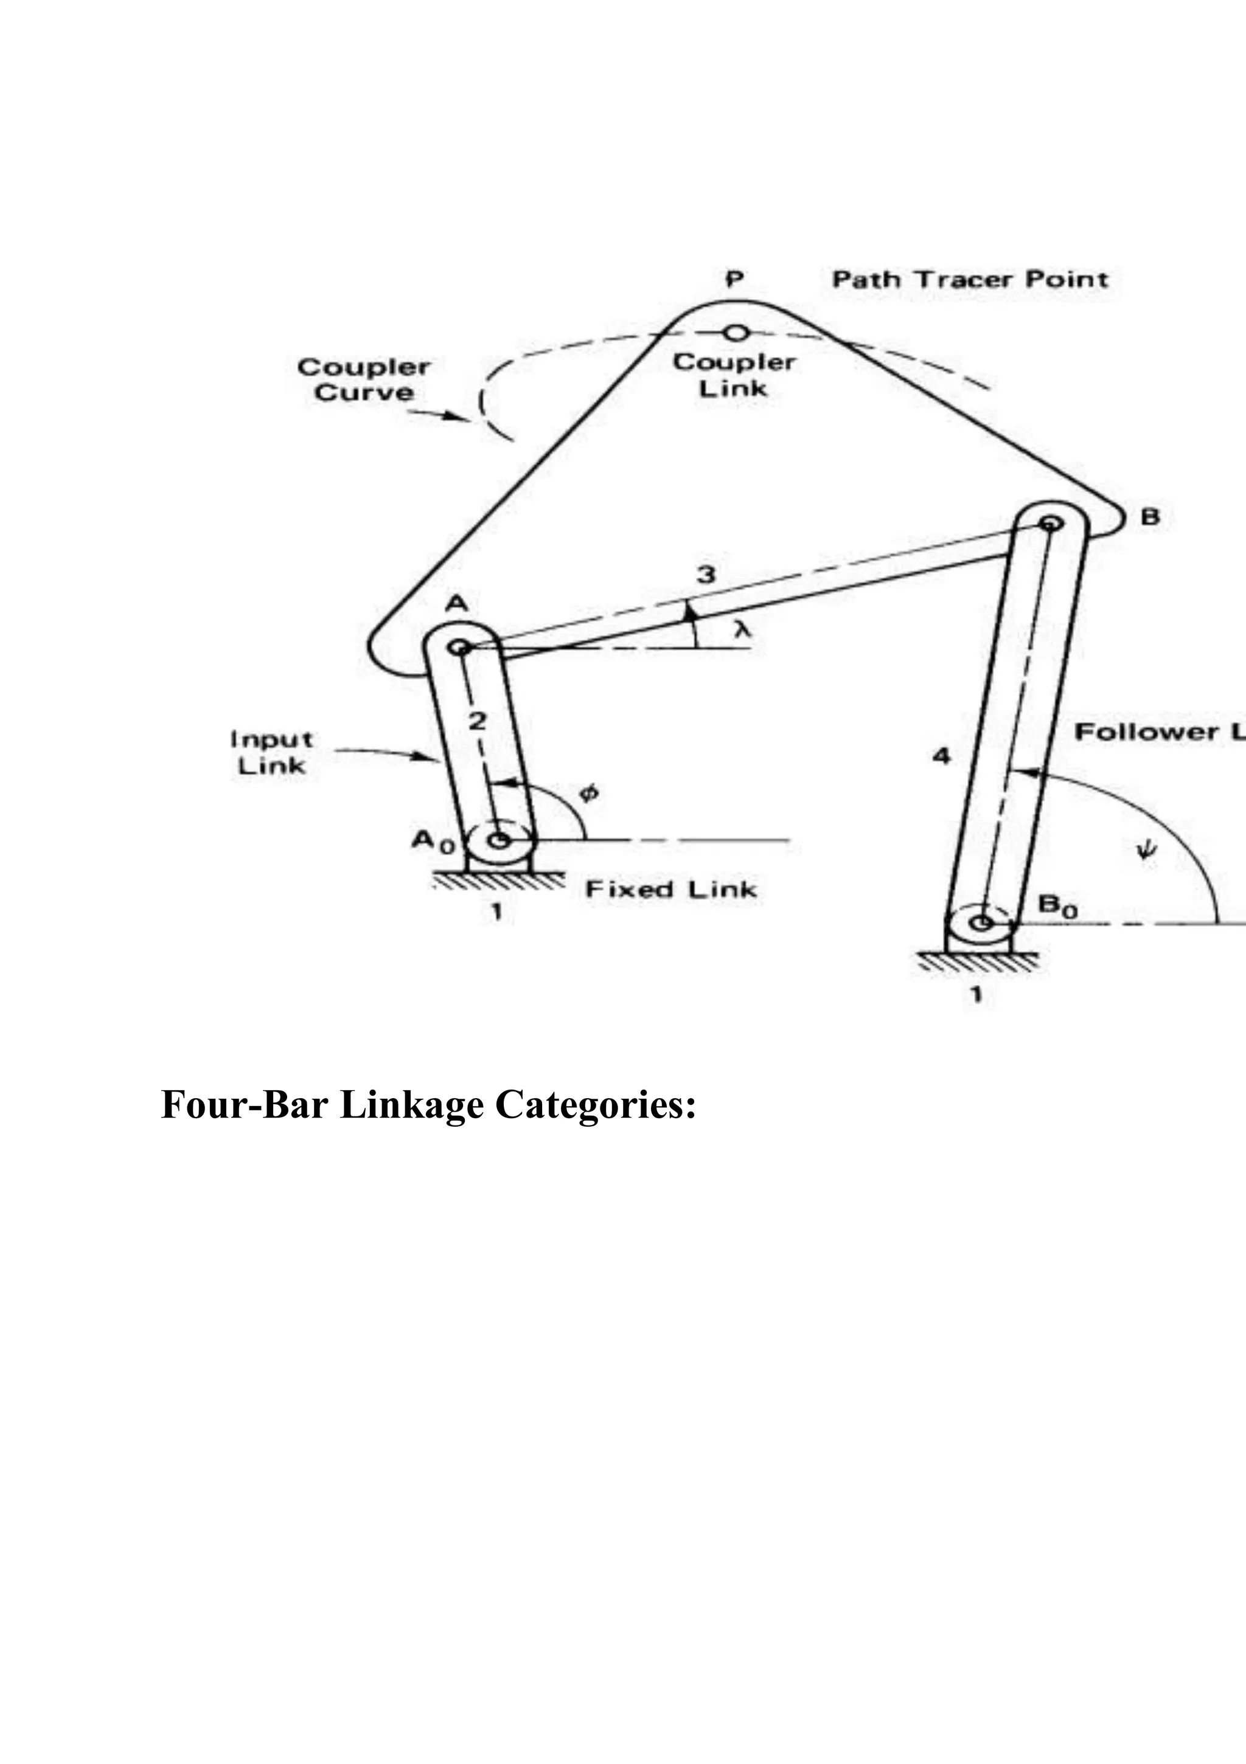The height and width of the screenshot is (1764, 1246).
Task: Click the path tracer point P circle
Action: pyautogui.click(x=736, y=333)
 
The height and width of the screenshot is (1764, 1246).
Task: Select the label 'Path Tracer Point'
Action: pyautogui.click(x=970, y=280)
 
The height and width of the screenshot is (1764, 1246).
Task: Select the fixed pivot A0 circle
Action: pyautogui.click(x=500, y=840)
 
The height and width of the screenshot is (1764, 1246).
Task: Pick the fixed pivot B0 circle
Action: pyautogui.click(x=980, y=922)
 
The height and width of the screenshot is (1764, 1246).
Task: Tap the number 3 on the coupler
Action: pyautogui.click(x=706, y=574)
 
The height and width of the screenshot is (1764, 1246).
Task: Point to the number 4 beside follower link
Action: pyautogui.click(x=941, y=757)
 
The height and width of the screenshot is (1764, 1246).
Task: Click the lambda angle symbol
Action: pyautogui.click(x=740, y=630)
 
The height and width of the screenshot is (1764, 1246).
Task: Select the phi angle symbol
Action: pyautogui.click(x=589, y=793)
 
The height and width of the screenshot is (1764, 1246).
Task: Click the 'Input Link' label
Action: pyautogui.click(x=271, y=752)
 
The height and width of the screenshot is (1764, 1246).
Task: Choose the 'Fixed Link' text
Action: pyautogui.click(x=670, y=890)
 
